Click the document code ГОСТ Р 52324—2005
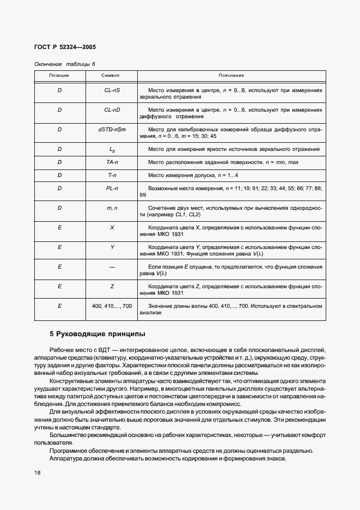click(x=65, y=47)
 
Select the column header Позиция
click(x=59, y=75)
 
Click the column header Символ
click(x=112, y=75)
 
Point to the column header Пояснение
click(x=231, y=75)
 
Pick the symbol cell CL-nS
click(x=112, y=90)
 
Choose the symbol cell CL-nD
click(x=112, y=110)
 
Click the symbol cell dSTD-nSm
click(x=112, y=130)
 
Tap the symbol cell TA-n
click(x=112, y=163)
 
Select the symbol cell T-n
click(x=112, y=175)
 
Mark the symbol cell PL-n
click(x=112, y=189)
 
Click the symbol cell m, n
click(x=112, y=208)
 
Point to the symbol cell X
click(x=112, y=228)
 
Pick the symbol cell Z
click(x=112, y=287)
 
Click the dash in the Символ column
click(x=112, y=267)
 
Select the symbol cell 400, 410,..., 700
click(x=112, y=306)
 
